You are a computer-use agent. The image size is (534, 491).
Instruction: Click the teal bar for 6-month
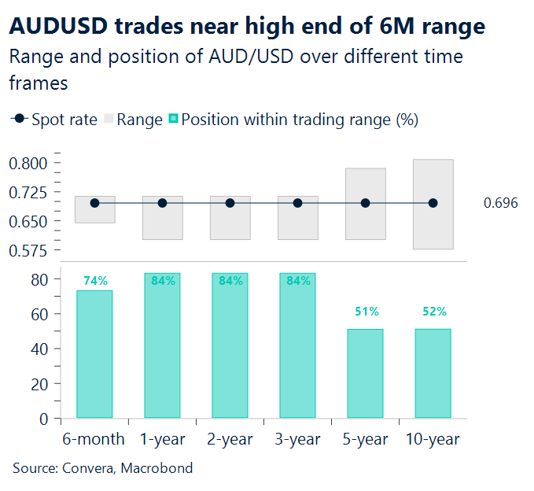[94, 354]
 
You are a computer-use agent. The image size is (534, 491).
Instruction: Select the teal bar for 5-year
[365, 373]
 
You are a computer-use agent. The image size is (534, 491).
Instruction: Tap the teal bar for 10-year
[433, 373]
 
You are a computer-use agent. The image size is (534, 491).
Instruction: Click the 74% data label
[95, 281]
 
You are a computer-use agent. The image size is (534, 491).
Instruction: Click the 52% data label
[433, 312]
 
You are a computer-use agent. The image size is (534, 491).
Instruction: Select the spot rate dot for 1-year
[162, 203]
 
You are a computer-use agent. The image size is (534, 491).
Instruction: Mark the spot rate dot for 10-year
[433, 203]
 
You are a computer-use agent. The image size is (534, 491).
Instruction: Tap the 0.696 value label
[501, 203]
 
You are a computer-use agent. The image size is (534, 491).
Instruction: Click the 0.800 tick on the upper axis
[28, 164]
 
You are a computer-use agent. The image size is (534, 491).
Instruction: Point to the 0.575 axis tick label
[28, 251]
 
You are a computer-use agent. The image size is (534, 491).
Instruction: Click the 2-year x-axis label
[230, 439]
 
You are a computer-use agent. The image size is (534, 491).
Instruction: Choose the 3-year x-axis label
[297, 439]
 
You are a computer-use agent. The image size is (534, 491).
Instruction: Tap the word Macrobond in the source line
[157, 468]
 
